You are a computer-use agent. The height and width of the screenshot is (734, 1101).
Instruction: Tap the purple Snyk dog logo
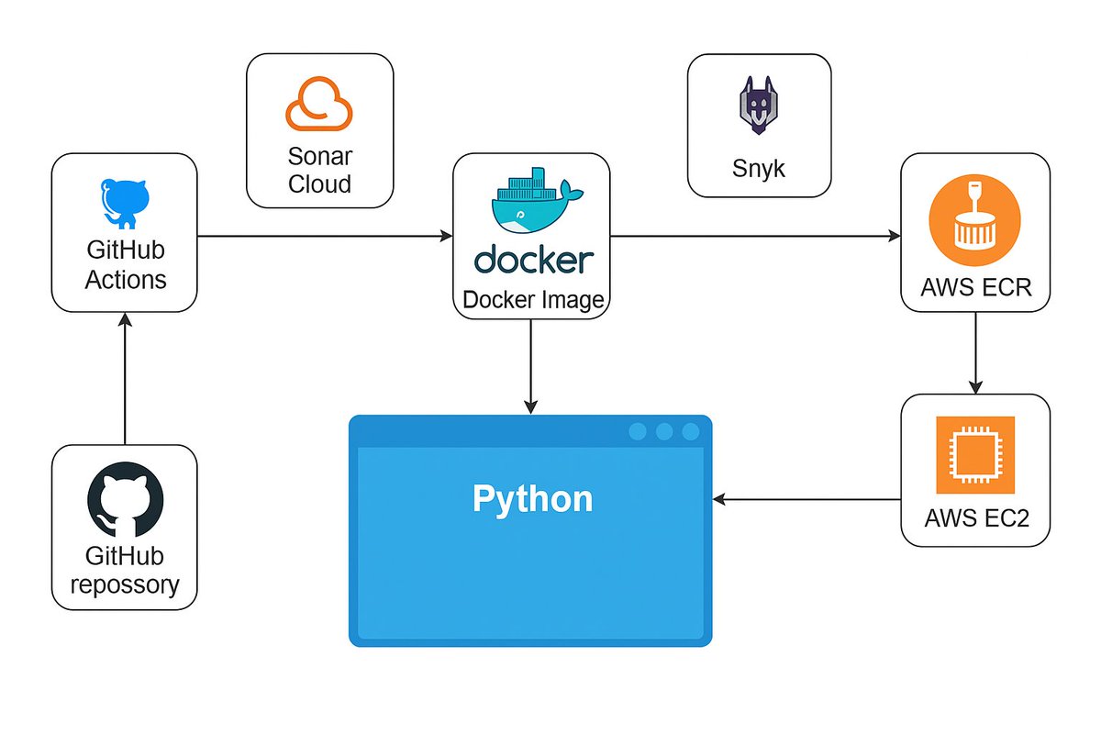[759, 106]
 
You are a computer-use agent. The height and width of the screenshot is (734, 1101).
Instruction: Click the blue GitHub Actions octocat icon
[125, 203]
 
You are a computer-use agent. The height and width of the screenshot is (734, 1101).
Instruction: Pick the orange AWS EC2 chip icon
[974, 455]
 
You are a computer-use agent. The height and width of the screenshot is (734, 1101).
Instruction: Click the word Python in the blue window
[532, 499]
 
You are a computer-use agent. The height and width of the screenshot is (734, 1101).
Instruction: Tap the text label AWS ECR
[976, 288]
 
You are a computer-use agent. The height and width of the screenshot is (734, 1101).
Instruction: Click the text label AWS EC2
[976, 517]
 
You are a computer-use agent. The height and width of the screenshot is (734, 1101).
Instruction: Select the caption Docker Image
[532, 300]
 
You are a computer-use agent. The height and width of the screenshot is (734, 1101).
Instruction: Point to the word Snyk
[759, 168]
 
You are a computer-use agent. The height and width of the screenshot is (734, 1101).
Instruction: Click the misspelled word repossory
[125, 584]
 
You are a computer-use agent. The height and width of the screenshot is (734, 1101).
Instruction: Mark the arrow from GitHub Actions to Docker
[325, 237]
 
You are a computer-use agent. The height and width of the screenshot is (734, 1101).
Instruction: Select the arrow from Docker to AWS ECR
[755, 237]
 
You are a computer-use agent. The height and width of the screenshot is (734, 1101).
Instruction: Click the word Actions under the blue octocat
[126, 279]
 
